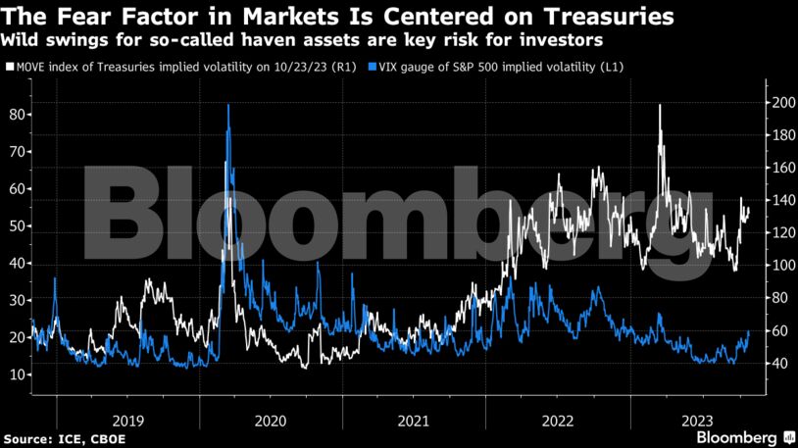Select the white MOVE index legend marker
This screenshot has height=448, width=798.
tap(10, 67)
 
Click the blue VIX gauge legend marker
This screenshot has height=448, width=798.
tap(371, 67)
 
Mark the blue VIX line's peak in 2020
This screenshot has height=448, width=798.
tap(228, 105)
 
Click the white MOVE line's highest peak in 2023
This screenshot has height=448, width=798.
tap(660, 106)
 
